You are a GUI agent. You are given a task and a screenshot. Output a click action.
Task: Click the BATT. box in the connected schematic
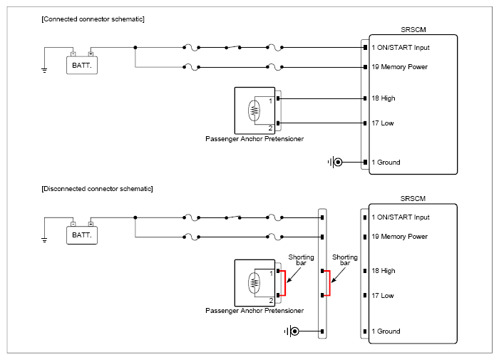point(82,66)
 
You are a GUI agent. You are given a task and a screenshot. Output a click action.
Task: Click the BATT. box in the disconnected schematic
point(82,235)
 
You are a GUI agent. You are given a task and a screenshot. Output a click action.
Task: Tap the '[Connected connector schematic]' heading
point(93,19)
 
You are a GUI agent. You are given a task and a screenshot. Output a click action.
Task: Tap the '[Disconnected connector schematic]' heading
point(97,189)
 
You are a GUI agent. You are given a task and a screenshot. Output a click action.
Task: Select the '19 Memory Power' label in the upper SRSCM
point(399,67)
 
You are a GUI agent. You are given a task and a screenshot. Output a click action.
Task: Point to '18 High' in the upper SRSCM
point(384,98)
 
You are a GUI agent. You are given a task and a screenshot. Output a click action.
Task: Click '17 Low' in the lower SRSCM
point(383,296)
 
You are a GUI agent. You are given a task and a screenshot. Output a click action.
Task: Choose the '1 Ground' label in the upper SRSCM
point(386,163)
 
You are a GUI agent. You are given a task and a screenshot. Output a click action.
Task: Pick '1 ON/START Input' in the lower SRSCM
point(401,217)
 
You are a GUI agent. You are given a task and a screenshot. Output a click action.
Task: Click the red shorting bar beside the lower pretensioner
point(285,283)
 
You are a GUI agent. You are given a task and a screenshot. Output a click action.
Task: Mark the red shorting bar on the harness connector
point(329,283)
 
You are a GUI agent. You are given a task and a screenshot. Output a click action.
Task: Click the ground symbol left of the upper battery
point(44,71)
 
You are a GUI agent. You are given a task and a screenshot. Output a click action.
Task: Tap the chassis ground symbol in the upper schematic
point(335,163)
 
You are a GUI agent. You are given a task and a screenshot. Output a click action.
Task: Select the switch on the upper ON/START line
point(233,47)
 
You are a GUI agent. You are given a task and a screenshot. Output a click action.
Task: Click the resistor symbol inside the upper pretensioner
point(254,110)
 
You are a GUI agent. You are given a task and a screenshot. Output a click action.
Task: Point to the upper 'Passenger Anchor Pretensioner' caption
point(254,139)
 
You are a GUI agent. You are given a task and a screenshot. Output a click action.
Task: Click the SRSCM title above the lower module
point(413,199)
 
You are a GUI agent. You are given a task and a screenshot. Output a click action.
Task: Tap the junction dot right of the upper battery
point(135,48)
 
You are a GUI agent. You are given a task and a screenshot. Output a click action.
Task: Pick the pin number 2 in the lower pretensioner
point(271,301)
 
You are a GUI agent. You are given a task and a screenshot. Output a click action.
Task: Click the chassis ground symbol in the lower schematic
point(292,331)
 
